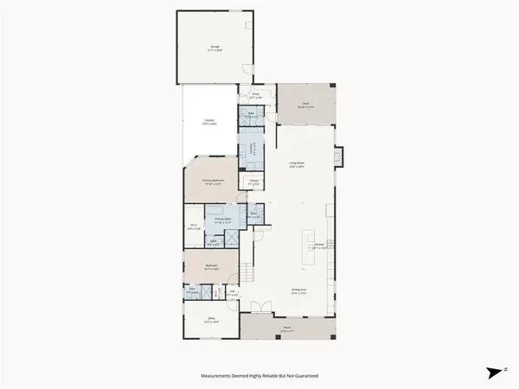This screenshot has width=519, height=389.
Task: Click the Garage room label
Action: (214, 49)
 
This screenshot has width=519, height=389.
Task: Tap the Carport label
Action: (209, 122)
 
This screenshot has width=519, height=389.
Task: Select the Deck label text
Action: (304, 106)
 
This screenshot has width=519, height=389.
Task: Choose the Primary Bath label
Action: (225, 221)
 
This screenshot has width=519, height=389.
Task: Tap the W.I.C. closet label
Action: (195, 227)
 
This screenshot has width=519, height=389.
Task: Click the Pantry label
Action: (255, 182)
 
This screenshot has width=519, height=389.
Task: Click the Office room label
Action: (209, 322)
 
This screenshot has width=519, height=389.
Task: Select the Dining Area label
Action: (299, 292)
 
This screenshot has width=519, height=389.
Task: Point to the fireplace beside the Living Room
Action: (340, 156)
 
